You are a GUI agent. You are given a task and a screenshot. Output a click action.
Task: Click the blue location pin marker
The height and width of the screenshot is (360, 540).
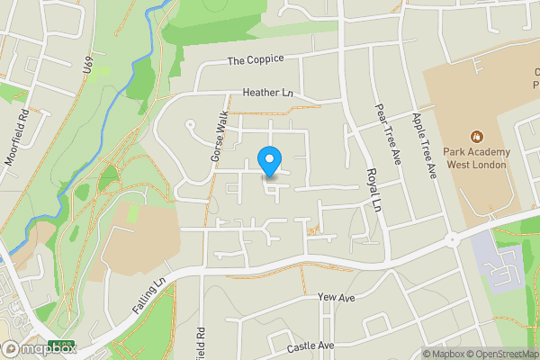tap(268, 160)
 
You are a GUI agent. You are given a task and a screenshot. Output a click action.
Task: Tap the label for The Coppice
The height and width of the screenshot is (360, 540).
tap(255, 59)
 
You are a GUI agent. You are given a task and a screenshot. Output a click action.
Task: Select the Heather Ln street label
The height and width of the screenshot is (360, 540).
tap(268, 93)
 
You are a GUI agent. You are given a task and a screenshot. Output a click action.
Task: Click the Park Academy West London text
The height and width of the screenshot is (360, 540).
tap(475, 158)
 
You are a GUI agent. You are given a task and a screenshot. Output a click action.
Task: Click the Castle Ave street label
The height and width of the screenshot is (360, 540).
tap(310, 346)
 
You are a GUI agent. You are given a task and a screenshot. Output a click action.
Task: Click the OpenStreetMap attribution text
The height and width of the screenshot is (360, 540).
tap(500, 354)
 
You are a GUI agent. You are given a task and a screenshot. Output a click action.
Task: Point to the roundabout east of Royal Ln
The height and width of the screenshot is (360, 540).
tap(451, 240)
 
